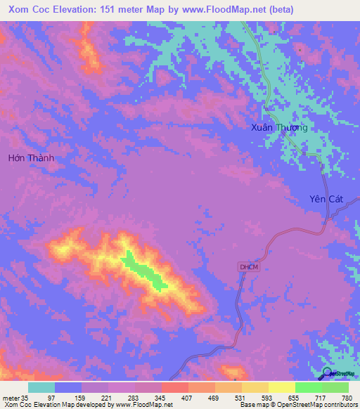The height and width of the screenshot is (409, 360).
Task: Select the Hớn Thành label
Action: point(31,158)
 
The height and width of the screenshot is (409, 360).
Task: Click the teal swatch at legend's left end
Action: point(41,387)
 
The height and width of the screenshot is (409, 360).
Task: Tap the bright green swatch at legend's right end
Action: point(335,387)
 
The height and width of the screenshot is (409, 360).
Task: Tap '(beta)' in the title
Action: point(280,10)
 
